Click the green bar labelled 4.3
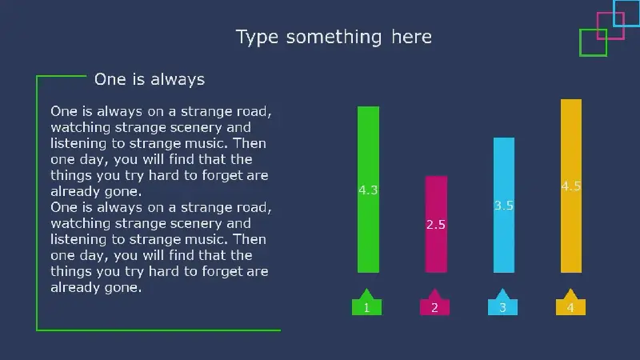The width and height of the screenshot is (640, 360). (368, 190)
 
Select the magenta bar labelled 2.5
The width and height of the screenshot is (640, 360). (436, 224)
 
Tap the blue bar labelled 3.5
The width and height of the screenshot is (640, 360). (504, 205)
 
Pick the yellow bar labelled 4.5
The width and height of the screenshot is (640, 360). (571, 186)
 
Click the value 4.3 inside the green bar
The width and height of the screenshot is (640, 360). (368, 190)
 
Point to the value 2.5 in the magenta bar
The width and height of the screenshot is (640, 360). (436, 225)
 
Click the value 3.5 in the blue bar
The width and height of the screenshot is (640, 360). (504, 206)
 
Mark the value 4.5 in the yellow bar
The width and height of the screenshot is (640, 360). (571, 186)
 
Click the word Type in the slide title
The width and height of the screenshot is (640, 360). (257, 38)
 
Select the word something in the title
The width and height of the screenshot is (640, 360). (334, 37)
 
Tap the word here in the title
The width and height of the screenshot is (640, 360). (411, 37)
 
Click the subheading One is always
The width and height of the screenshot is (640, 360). (150, 79)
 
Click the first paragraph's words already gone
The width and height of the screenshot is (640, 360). (96, 191)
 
